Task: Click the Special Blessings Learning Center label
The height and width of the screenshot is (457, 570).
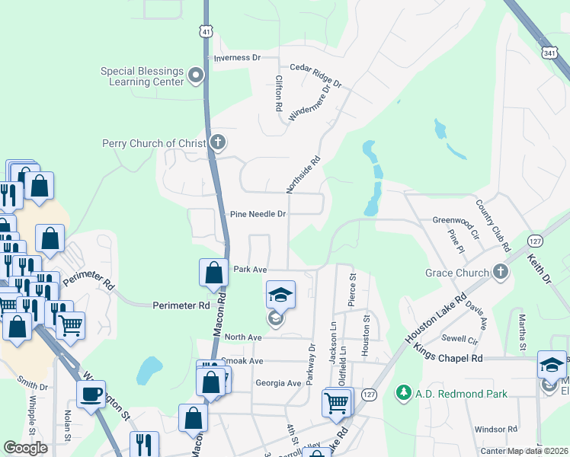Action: click(142, 76)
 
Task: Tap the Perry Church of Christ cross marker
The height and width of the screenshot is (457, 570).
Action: click(217, 142)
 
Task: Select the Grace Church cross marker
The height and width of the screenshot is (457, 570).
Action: click(500, 272)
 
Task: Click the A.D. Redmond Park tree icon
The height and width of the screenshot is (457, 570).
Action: click(402, 393)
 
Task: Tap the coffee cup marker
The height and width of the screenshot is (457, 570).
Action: click(91, 395)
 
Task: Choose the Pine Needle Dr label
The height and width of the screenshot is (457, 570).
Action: click(258, 215)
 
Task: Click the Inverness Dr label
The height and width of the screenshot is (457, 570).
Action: click(237, 58)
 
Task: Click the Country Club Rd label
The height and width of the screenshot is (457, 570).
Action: click(492, 225)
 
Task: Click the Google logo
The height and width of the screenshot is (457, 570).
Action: click(25, 448)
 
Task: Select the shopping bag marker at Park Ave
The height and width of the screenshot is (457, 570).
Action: click(213, 272)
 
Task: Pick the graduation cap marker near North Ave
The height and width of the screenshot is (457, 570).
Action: click(280, 294)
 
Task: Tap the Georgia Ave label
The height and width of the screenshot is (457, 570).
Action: click(279, 383)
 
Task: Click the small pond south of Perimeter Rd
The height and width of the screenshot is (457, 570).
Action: click(149, 371)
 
